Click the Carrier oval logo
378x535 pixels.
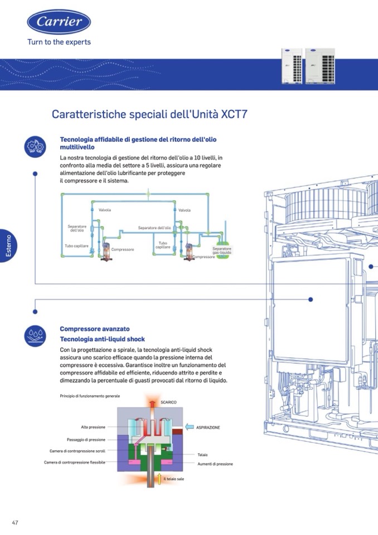59,22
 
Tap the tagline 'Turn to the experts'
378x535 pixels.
59,42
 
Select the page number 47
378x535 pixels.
15,522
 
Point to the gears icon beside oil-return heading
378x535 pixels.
35,147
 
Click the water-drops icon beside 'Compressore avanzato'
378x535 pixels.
35,335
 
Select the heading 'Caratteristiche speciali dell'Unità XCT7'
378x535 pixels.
149,114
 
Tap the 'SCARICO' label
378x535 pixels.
169,402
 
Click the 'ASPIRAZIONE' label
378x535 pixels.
208,427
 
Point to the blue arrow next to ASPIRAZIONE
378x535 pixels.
190,427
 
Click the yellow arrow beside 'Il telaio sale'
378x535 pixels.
159,479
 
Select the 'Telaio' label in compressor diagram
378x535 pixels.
202,455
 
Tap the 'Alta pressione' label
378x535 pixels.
93,427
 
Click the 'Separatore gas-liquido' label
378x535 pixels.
222,250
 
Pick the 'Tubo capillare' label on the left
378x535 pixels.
77,246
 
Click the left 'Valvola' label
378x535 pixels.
105,210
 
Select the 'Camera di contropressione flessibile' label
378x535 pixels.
75,462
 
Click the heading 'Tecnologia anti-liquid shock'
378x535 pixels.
102,339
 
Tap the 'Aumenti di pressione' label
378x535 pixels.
215,464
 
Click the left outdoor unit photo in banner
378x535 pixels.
292,66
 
